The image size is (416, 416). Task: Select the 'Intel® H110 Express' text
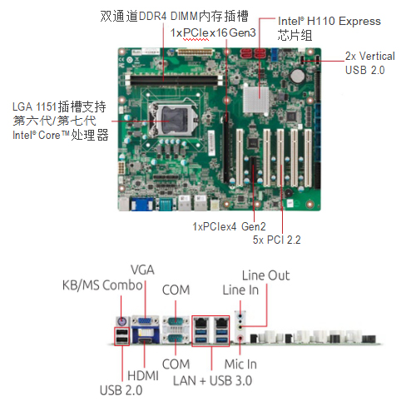point(318,21)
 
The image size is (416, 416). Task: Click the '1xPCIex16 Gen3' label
point(213,32)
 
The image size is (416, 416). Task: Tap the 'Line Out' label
point(265,275)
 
